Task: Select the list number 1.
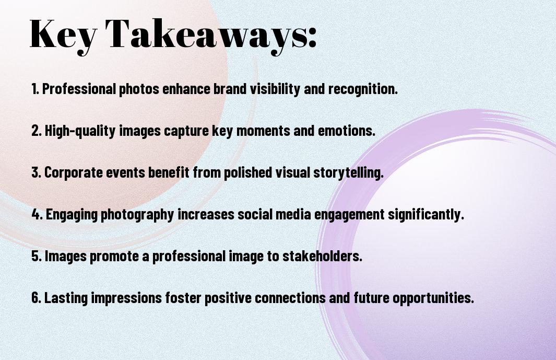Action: [x=35, y=89]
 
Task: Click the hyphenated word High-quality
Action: [x=80, y=131]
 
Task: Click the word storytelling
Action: [x=348, y=172]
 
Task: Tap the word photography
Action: [x=138, y=214]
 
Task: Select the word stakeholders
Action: [x=322, y=256]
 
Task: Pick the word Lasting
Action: [x=66, y=297]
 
